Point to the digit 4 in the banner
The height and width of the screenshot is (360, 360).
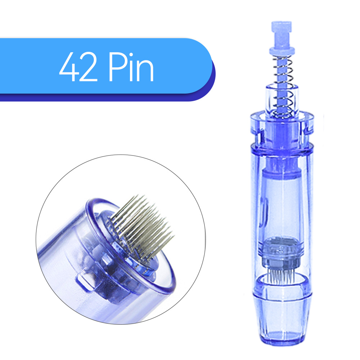[69, 68]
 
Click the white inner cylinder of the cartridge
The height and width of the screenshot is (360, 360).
[282, 202]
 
